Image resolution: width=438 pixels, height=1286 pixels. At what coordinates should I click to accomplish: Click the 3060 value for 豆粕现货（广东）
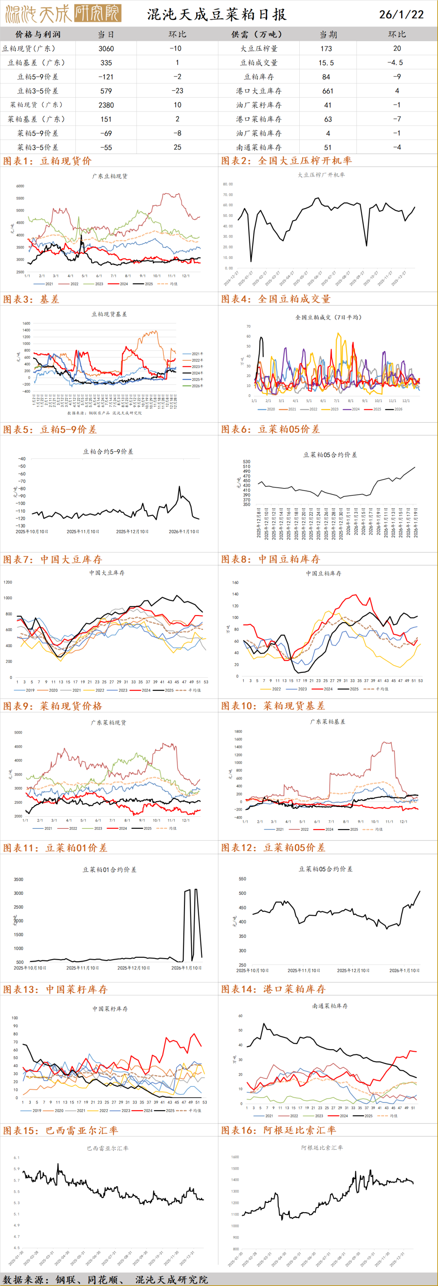tap(106, 48)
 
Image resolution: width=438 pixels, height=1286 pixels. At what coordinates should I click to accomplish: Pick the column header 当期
tap(328, 34)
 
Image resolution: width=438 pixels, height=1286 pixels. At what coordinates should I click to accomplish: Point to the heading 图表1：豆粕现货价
tap(47, 161)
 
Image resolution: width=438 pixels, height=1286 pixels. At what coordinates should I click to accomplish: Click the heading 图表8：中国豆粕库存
tap(270, 559)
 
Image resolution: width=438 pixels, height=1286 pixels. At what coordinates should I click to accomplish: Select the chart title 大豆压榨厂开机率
tap(321, 175)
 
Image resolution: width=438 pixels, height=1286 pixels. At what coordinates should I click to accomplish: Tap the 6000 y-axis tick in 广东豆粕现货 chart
tap(20, 186)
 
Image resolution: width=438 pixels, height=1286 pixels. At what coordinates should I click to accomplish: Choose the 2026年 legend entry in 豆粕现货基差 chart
tap(197, 386)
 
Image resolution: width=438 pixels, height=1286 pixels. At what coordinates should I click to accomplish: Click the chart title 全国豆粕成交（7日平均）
tap(328, 317)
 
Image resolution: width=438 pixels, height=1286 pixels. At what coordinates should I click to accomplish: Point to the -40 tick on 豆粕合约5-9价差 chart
tap(21, 459)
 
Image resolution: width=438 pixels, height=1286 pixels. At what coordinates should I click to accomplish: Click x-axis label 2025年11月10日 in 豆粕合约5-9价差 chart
tap(83, 532)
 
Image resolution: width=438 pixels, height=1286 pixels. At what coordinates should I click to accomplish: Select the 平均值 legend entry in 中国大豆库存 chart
tap(194, 690)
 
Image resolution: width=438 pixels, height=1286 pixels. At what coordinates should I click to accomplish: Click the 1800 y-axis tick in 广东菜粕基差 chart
tap(238, 732)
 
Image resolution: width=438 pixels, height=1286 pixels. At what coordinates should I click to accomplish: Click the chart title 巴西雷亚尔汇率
tap(107, 1148)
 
